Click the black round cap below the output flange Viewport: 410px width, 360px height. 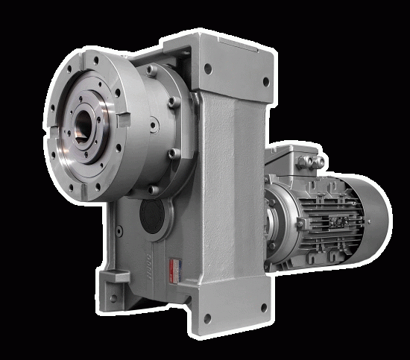[153, 216]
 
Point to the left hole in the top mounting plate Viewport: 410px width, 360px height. [206, 68]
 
